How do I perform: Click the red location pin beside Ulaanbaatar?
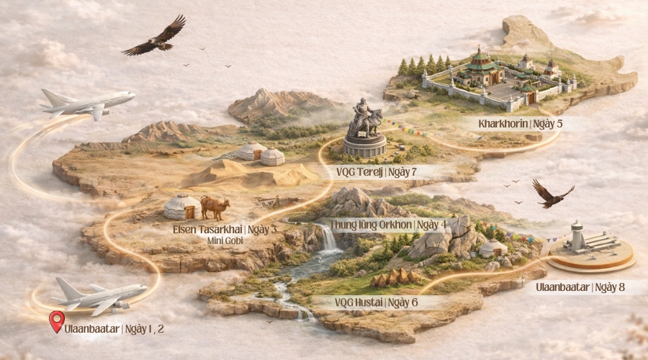pos(56,321)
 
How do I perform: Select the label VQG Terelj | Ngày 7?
pos(377,172)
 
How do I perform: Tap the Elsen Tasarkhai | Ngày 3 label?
pos(215,230)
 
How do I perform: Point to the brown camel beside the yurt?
pos(215,207)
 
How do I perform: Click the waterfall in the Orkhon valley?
pos(329,238)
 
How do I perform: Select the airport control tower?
pos(576,235)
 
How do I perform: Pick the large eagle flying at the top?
pos(156,37)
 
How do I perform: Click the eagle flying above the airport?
pos(552,194)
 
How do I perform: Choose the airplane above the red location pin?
pos(101,294)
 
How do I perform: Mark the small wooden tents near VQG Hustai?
pos(395,278)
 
